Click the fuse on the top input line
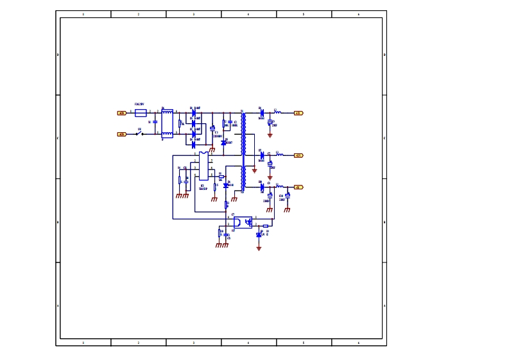pos(141,112)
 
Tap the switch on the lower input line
pos(139,134)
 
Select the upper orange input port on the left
pos(122,113)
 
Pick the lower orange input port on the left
pos(122,134)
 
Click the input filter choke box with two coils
pos(168,123)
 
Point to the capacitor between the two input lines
pos(155,122)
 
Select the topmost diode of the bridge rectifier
pos(193,112)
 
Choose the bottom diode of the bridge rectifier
pos(193,144)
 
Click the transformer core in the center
pos(243,151)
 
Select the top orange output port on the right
pos(298,113)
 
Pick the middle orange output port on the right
pos(298,155)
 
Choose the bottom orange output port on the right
pos(298,187)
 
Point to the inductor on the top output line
pos(278,112)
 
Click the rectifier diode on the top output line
pos(262,112)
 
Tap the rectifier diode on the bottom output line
pos(262,187)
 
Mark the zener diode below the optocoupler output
pos(259,235)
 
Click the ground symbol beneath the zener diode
pos(259,248)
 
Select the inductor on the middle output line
pos(279,155)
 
